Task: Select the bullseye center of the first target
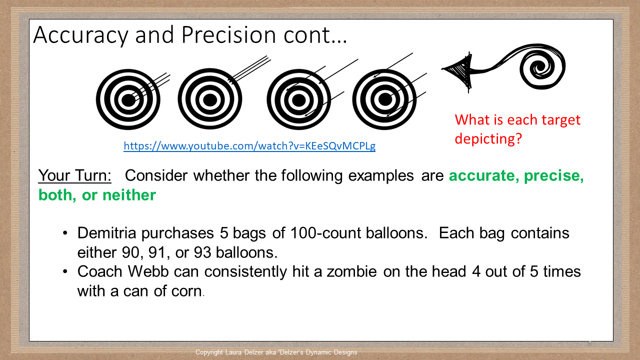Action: pyautogui.click(x=128, y=100)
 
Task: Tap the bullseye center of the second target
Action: pyautogui.click(x=210, y=100)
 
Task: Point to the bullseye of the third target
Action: pyautogui.click(x=298, y=100)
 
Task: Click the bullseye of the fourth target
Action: pyautogui.click(x=385, y=100)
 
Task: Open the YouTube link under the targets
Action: pyautogui.click(x=249, y=146)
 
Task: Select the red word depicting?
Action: pyautogui.click(x=488, y=138)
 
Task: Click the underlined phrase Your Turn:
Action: pyautogui.click(x=75, y=175)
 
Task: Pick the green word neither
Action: pyautogui.click(x=129, y=195)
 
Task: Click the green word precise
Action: pyautogui.click(x=553, y=175)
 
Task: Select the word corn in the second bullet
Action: pyautogui.click(x=185, y=290)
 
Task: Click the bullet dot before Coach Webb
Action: pyautogui.click(x=65, y=271)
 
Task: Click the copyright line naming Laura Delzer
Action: pyautogui.click(x=276, y=352)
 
